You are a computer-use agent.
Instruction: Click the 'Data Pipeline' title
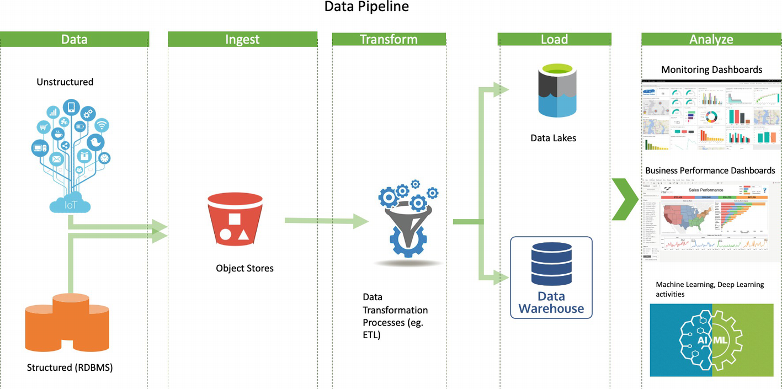(366, 7)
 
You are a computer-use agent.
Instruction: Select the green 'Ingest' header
(242, 39)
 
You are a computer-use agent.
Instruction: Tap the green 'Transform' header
(389, 39)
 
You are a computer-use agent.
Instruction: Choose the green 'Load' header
(554, 39)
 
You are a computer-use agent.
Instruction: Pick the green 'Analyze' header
(711, 39)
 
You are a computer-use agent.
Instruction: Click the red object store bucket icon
(233, 219)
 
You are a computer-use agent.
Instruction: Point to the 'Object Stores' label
(244, 269)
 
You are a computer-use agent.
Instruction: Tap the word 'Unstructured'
(65, 82)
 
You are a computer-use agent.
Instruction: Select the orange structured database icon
(67, 323)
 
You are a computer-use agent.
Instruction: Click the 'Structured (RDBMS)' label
(70, 367)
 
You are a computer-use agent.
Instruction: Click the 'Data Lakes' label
(553, 138)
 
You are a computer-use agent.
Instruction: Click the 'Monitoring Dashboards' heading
(711, 70)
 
